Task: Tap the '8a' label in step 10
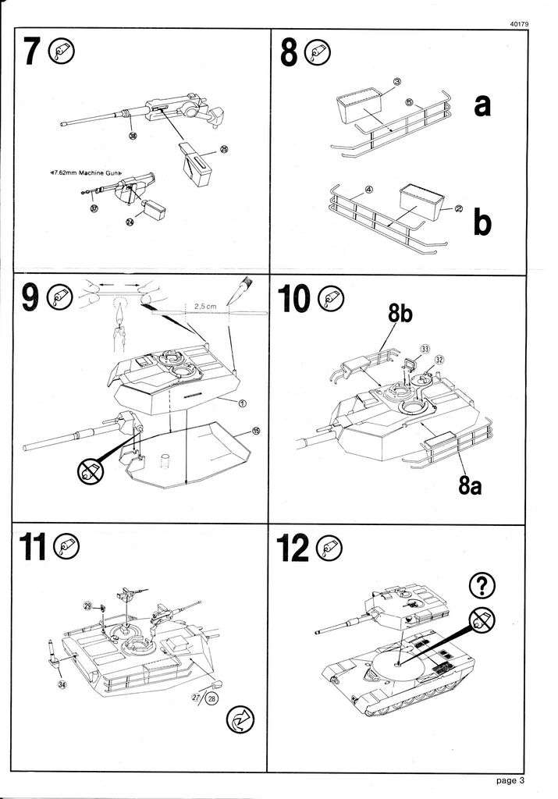tap(475, 489)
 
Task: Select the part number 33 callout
tap(425, 348)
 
